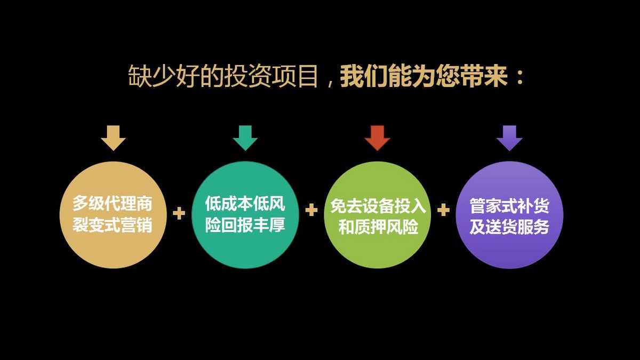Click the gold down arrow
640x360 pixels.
click(x=113, y=138)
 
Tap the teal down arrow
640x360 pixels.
click(x=245, y=138)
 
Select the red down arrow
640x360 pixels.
click(x=377, y=138)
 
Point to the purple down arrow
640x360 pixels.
click(x=509, y=138)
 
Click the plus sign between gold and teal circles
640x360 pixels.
click(x=179, y=213)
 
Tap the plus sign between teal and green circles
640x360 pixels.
click(x=311, y=210)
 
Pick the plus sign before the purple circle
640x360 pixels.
click(x=443, y=210)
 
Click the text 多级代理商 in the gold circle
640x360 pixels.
click(x=113, y=203)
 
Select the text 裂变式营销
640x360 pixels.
click(x=113, y=225)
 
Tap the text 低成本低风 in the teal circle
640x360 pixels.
click(x=245, y=203)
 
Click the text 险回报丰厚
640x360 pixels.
click(x=245, y=225)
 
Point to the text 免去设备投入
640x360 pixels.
click(x=378, y=206)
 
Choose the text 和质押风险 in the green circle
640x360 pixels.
click(x=378, y=227)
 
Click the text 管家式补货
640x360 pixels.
click(x=509, y=206)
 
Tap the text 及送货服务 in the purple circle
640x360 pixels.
click(x=509, y=227)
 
